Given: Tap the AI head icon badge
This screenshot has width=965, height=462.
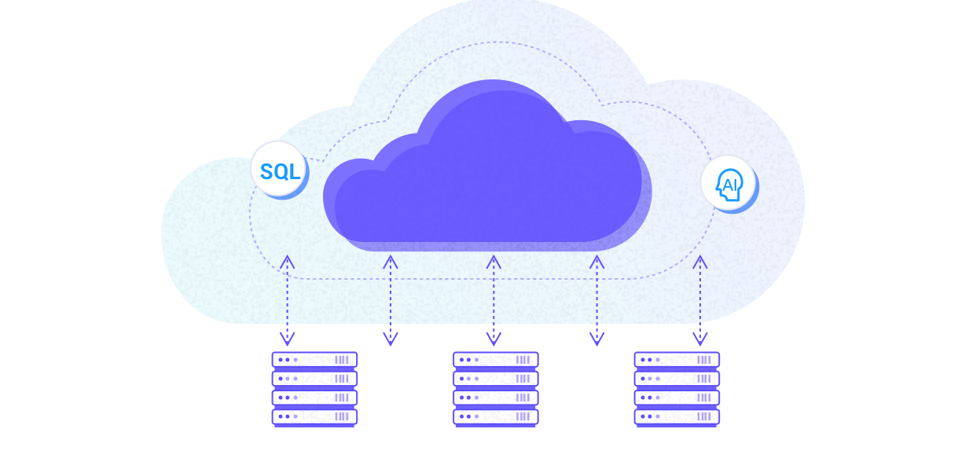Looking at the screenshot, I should point(728,184).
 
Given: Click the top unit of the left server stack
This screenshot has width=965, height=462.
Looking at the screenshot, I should point(314,359).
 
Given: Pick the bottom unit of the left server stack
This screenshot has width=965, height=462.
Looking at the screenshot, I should point(314,416).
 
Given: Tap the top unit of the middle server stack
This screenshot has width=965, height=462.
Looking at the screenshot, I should point(495,359).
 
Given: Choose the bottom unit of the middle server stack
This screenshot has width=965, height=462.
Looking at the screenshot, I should point(495,416).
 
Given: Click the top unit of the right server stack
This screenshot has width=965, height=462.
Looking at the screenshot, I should point(677,359).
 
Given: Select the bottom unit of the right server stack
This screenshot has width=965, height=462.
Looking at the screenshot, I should point(677,416).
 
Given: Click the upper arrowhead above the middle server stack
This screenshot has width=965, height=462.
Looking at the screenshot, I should point(494,261).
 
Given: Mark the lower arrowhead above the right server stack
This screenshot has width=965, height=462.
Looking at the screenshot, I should point(699,339).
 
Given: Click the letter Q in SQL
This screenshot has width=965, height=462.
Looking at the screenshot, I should point(281,170).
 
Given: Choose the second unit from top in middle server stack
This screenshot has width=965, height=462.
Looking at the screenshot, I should point(495,378).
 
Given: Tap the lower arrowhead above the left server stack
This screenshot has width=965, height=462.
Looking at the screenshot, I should point(288,339).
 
